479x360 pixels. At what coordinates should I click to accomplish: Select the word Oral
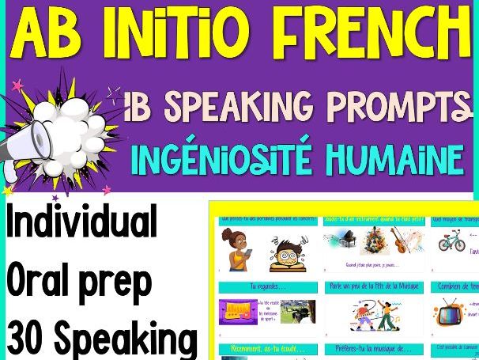[43, 280]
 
